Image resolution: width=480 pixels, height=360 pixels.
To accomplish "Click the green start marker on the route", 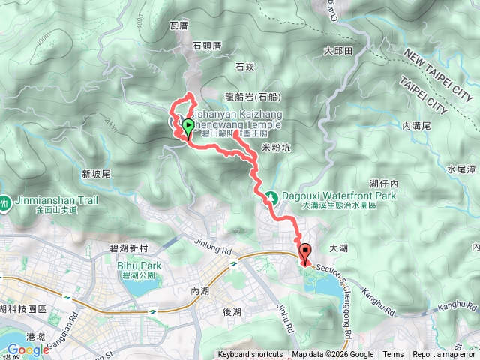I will [187, 125].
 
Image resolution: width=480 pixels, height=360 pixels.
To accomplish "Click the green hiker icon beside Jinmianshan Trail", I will [5, 202].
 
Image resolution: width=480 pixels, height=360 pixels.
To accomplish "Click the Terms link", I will [393, 355].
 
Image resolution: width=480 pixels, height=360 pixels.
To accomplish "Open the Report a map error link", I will [445, 355].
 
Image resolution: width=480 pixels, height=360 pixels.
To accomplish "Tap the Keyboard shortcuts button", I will [250, 355].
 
